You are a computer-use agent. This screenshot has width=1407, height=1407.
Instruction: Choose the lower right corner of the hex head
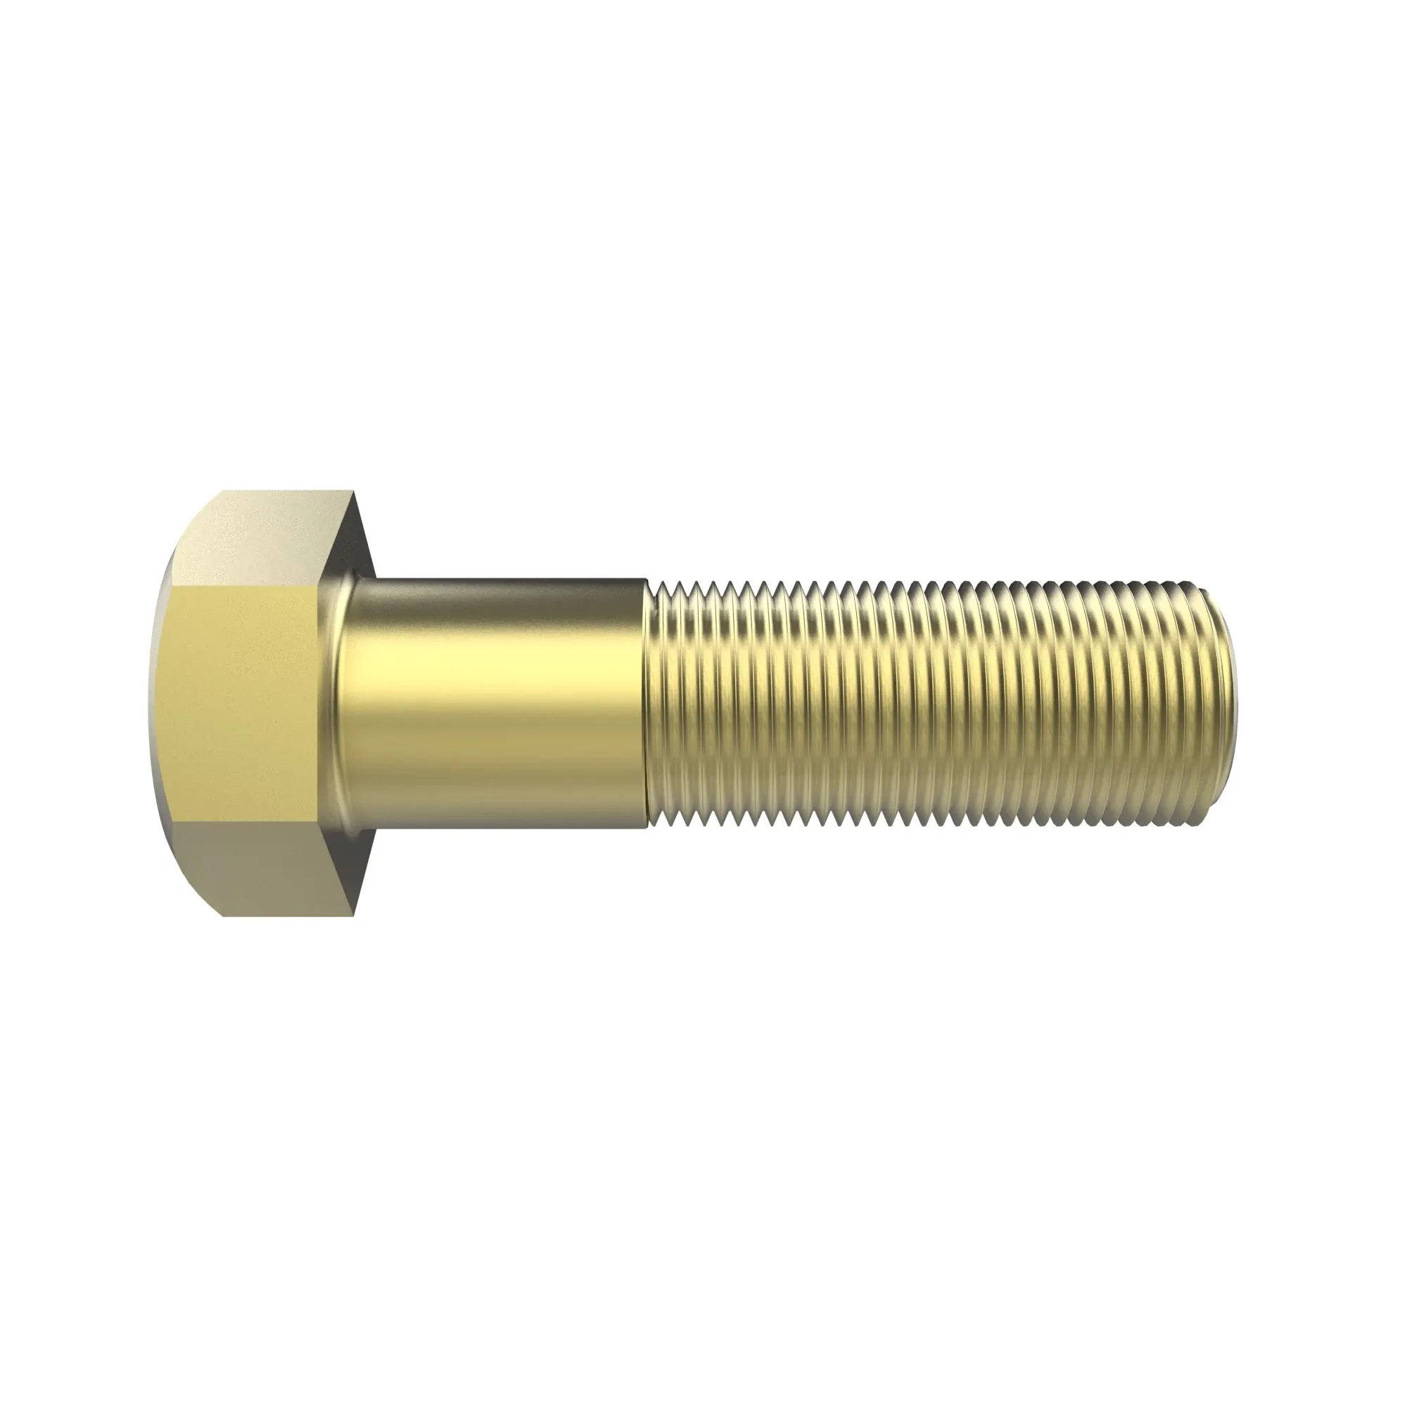355,915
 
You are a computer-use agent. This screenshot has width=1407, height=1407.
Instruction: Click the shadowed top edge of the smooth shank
502,582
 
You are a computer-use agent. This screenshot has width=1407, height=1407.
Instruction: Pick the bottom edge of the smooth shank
502,826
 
